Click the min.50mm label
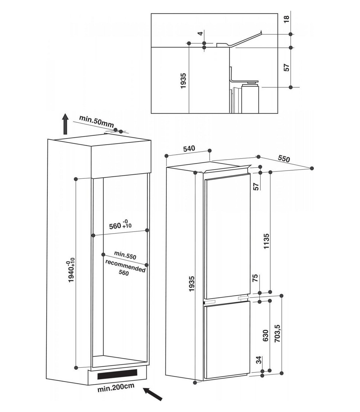[x=97, y=121]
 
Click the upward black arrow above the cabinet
[x=65, y=124]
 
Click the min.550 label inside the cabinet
[x=125, y=255]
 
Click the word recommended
[x=125, y=266]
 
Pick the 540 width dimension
[x=189, y=149]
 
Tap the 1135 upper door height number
[x=266, y=241]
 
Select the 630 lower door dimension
[x=266, y=335]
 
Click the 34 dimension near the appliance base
[x=259, y=360]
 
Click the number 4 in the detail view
[x=200, y=33]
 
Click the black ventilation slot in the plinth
[x=118, y=373]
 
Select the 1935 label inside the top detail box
[x=183, y=81]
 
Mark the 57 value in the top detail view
[x=286, y=67]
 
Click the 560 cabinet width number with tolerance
[x=120, y=225]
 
